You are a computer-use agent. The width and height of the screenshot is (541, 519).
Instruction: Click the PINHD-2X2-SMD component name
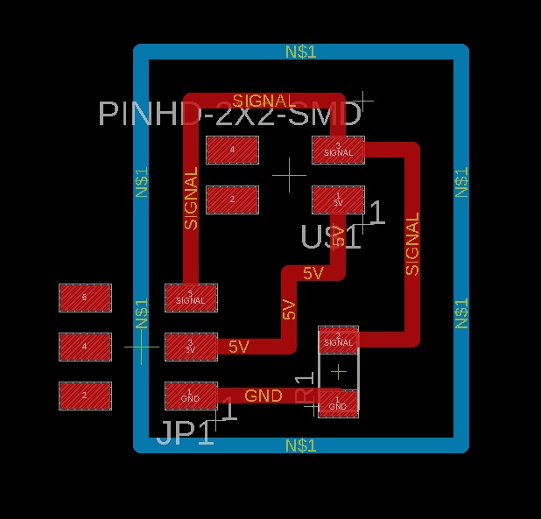[x=229, y=115]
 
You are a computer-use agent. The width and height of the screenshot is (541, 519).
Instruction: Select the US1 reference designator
[x=330, y=237]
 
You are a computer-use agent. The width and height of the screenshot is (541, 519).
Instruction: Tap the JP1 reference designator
[x=185, y=433]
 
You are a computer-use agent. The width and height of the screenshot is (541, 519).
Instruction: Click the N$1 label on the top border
[x=301, y=53]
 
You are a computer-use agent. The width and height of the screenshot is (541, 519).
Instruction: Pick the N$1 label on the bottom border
[x=301, y=445]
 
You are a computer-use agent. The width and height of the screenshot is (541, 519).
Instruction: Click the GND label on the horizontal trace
[x=263, y=396]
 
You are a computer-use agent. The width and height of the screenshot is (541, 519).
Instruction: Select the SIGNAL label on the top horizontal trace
[x=264, y=101]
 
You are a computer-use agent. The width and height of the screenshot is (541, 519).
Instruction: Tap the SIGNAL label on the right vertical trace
[x=413, y=243]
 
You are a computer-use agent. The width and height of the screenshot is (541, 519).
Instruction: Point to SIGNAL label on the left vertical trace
[x=192, y=199]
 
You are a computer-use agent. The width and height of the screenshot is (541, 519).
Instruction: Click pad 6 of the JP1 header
[x=85, y=298]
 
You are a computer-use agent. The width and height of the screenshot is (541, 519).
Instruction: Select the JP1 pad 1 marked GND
[x=191, y=396]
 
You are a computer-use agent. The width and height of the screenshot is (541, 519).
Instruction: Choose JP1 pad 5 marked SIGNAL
[x=191, y=298]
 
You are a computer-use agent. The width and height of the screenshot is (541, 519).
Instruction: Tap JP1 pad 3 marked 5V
[x=191, y=347]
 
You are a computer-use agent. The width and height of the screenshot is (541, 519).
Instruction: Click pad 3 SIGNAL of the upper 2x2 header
[x=338, y=150]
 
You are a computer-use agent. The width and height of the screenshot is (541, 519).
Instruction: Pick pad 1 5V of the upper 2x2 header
[x=338, y=200]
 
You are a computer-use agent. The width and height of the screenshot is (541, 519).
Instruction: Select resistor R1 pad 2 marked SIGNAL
[x=338, y=339]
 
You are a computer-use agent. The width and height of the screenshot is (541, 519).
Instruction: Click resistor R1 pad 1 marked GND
[x=338, y=403]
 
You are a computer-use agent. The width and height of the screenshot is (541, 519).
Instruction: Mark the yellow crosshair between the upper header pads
[x=289, y=175]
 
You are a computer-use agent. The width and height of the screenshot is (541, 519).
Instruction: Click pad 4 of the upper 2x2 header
[x=232, y=150]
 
